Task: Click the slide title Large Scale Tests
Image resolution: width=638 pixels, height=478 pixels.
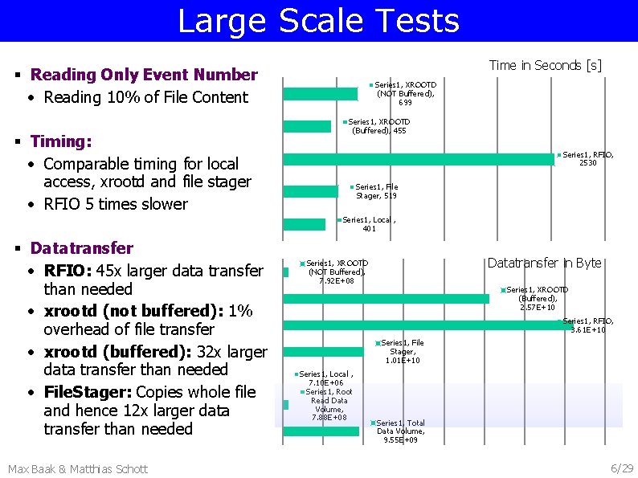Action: coord(318,21)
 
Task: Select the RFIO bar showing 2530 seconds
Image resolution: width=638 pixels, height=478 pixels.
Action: coord(418,159)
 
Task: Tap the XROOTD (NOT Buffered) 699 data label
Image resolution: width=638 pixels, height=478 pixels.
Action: coord(405,93)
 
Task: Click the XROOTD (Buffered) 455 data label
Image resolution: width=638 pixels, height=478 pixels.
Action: coord(377,126)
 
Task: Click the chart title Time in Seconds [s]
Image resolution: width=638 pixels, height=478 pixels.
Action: coord(545,65)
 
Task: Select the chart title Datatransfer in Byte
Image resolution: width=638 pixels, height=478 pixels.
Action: coord(544,263)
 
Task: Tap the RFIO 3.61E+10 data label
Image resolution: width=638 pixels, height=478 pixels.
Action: coord(587,325)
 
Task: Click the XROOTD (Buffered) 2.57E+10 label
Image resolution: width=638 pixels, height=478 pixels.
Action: coord(537,298)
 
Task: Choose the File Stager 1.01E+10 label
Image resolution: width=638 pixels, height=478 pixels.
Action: coord(402,352)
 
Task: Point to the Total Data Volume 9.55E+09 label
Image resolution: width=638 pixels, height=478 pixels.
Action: coord(399,431)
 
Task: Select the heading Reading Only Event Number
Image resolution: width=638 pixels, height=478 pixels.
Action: coord(144,75)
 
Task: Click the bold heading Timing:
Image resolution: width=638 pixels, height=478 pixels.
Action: coord(61,141)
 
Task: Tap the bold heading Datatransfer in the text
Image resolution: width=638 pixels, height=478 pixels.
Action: coord(82,247)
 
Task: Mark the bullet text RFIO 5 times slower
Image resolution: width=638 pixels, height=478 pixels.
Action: coord(116,204)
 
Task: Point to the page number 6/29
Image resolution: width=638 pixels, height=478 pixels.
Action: coord(622,468)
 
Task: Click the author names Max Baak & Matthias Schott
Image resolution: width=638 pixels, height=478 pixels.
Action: coord(77,468)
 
